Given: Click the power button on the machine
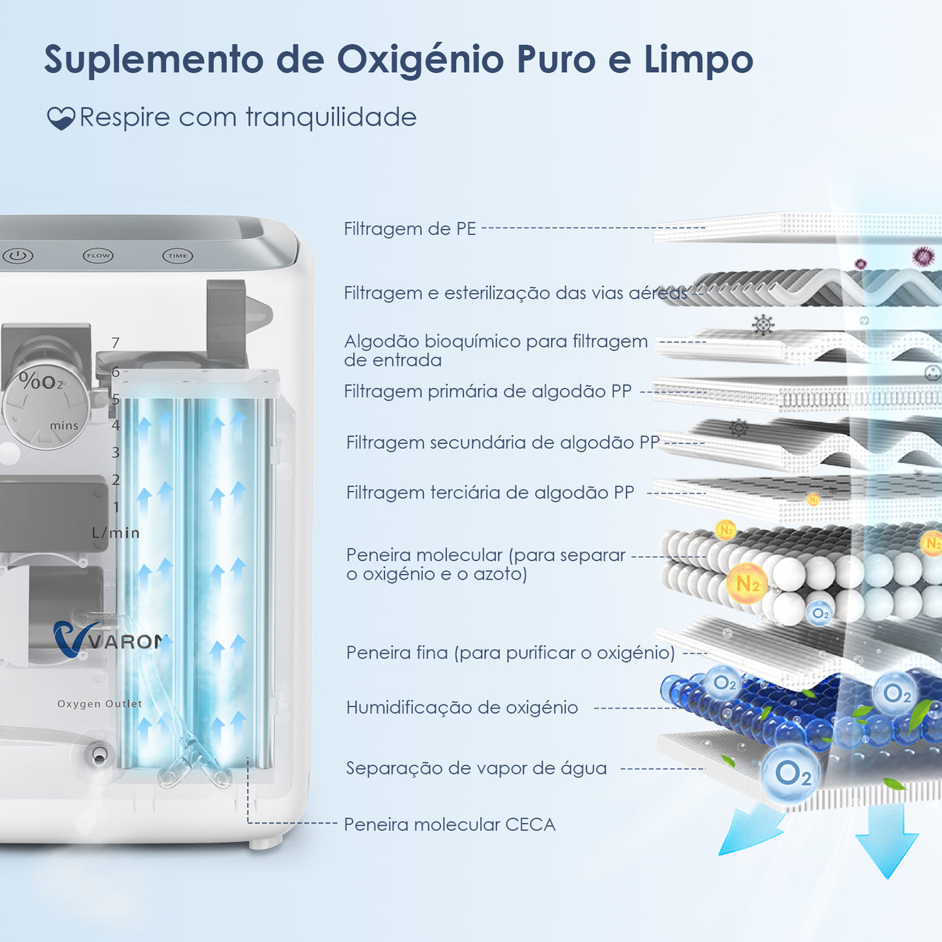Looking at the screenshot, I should pos(18,255).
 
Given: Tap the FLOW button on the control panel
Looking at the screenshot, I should pos(99,255).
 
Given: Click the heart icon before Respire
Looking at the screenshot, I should pos(61,118).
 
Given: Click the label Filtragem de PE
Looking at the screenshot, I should pos(410,229).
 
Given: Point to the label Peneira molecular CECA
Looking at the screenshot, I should pos(449,824).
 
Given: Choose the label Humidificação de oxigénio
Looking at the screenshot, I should pos(462,707).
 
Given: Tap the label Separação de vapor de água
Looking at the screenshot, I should pos(476,768).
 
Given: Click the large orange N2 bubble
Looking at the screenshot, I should pos(746,584).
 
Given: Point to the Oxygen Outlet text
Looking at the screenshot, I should pos(99,704).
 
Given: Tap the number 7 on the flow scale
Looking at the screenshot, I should pos(116,342).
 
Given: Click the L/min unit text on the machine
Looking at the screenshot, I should pos(116,533).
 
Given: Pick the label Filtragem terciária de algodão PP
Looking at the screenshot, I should pos(490,493).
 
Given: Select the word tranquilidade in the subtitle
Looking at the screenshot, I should pos(331,117).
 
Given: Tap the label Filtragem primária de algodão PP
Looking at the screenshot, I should pos(487,391).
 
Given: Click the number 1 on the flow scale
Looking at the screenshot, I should pos(116,507).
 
